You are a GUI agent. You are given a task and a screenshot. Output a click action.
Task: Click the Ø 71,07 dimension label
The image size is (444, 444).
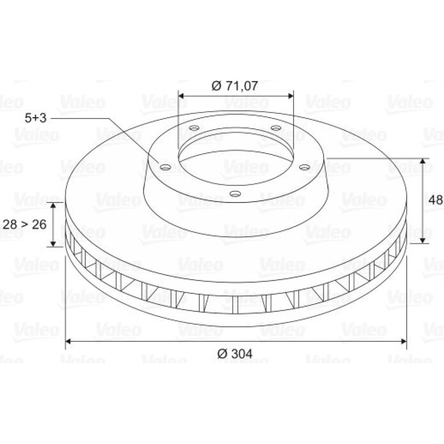[x=235, y=86]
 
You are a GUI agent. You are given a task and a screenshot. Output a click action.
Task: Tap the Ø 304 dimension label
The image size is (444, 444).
[x=235, y=354]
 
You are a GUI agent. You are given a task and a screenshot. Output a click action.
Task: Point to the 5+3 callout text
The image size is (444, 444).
[x=36, y=118]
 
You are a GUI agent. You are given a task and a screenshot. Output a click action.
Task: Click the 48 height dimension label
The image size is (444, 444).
[x=436, y=200]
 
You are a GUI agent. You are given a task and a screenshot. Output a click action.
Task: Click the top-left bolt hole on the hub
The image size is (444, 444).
[x=194, y=128]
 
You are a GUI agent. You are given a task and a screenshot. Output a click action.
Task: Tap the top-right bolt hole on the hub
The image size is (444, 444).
[x=276, y=128]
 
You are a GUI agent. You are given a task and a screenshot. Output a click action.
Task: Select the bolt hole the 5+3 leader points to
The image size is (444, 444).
[x=166, y=167]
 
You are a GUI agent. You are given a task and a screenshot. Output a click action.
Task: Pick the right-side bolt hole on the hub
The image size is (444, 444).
[x=305, y=167]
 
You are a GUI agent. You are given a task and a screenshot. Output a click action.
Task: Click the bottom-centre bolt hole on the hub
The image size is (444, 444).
[x=235, y=194]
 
